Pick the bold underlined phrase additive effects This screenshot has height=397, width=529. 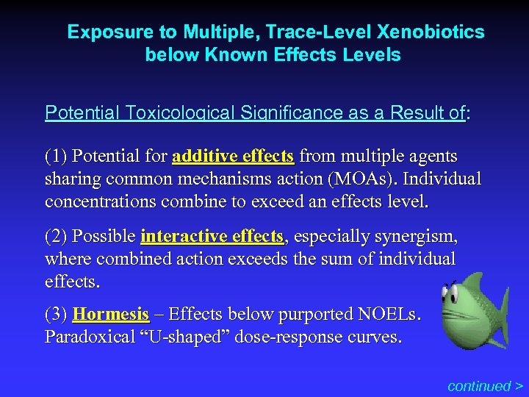pos(233,157)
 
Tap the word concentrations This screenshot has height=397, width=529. pos(101,201)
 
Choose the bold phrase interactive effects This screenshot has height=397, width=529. pos(212,237)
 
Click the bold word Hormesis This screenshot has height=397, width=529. pos(111,315)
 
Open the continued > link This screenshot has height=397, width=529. pos(485,385)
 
